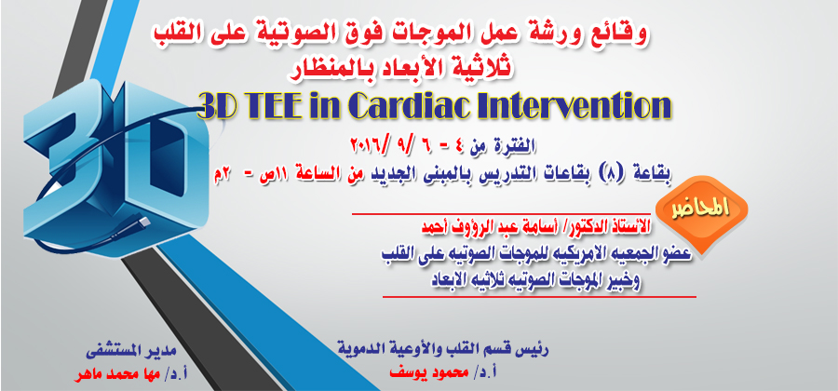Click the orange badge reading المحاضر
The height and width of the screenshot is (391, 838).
tap(700, 208)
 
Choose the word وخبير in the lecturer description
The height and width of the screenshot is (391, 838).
tap(622, 280)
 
